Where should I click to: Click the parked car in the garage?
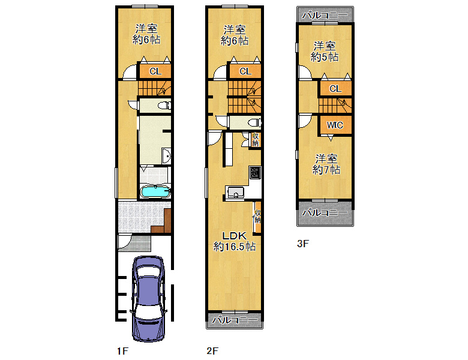[x=149, y=299]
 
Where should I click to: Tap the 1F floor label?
[x=122, y=351]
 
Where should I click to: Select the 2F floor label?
[x=212, y=351]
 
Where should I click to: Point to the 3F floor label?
[x=302, y=244]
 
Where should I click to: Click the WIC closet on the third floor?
[x=335, y=125]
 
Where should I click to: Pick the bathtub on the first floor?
[x=155, y=192]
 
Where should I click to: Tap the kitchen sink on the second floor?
[x=235, y=192]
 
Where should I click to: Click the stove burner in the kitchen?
[x=255, y=173]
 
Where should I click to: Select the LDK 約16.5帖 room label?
[x=234, y=241]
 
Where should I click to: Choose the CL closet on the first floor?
[x=155, y=71]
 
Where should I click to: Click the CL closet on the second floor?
[x=245, y=71]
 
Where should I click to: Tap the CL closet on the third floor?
[x=335, y=89]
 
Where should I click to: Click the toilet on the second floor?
[x=254, y=122]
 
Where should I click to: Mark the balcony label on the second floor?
[x=235, y=320]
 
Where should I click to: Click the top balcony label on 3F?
[x=325, y=14]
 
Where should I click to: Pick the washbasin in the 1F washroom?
[x=167, y=156]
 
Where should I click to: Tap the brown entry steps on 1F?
[x=161, y=221]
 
